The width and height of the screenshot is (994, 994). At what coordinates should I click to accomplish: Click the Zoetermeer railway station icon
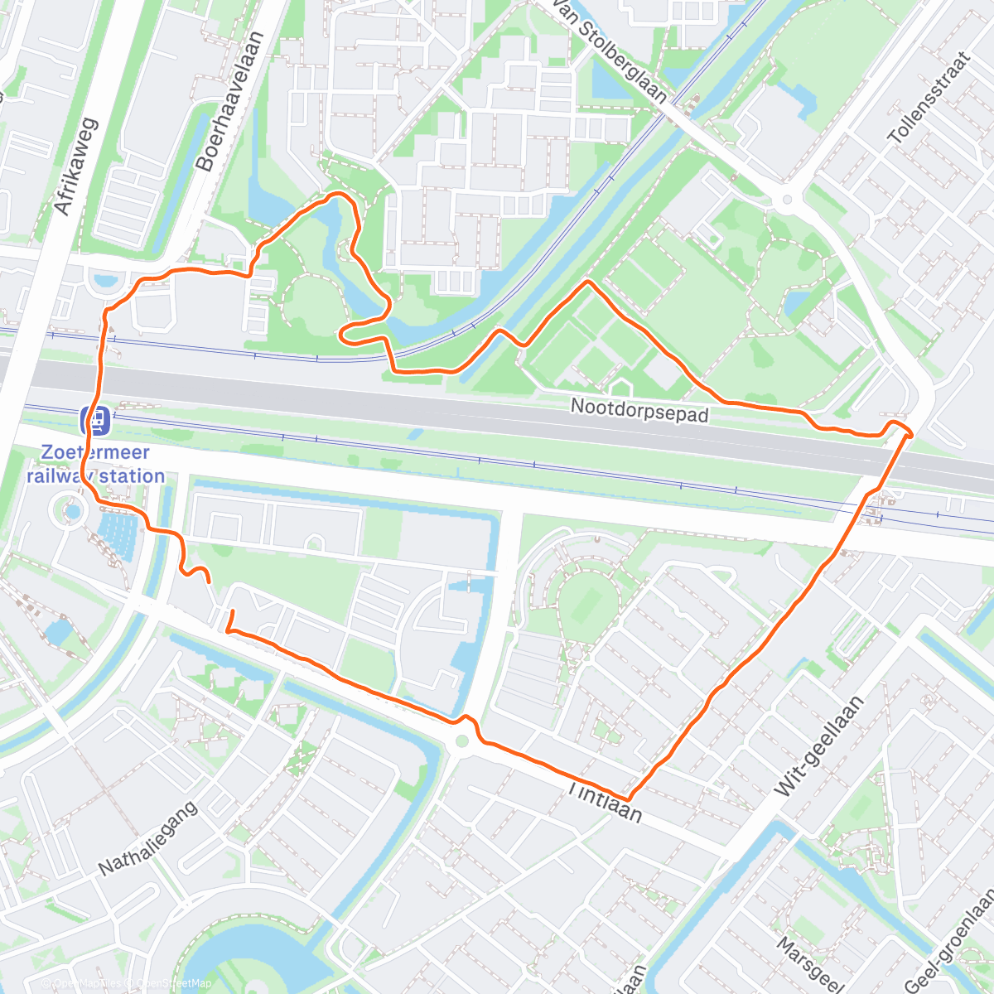tap(96, 420)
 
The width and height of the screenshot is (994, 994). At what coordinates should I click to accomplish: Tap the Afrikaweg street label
tap(75, 167)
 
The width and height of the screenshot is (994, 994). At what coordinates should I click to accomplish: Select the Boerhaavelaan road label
tap(229, 101)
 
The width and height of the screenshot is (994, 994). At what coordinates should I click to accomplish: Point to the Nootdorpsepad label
tap(639, 410)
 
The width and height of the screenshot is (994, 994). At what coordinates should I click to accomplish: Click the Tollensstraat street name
tap(928, 98)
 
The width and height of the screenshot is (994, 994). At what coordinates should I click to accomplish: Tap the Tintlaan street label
tap(605, 801)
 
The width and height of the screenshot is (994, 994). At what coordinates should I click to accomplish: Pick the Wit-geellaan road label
tap(819, 746)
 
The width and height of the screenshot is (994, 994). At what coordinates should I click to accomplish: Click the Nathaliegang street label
tap(148, 838)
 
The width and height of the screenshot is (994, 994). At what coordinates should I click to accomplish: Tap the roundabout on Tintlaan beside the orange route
tap(461, 741)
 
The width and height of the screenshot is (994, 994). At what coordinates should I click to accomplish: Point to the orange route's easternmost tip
tap(912, 433)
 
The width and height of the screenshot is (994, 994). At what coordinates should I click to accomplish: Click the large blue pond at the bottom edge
tap(248, 961)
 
